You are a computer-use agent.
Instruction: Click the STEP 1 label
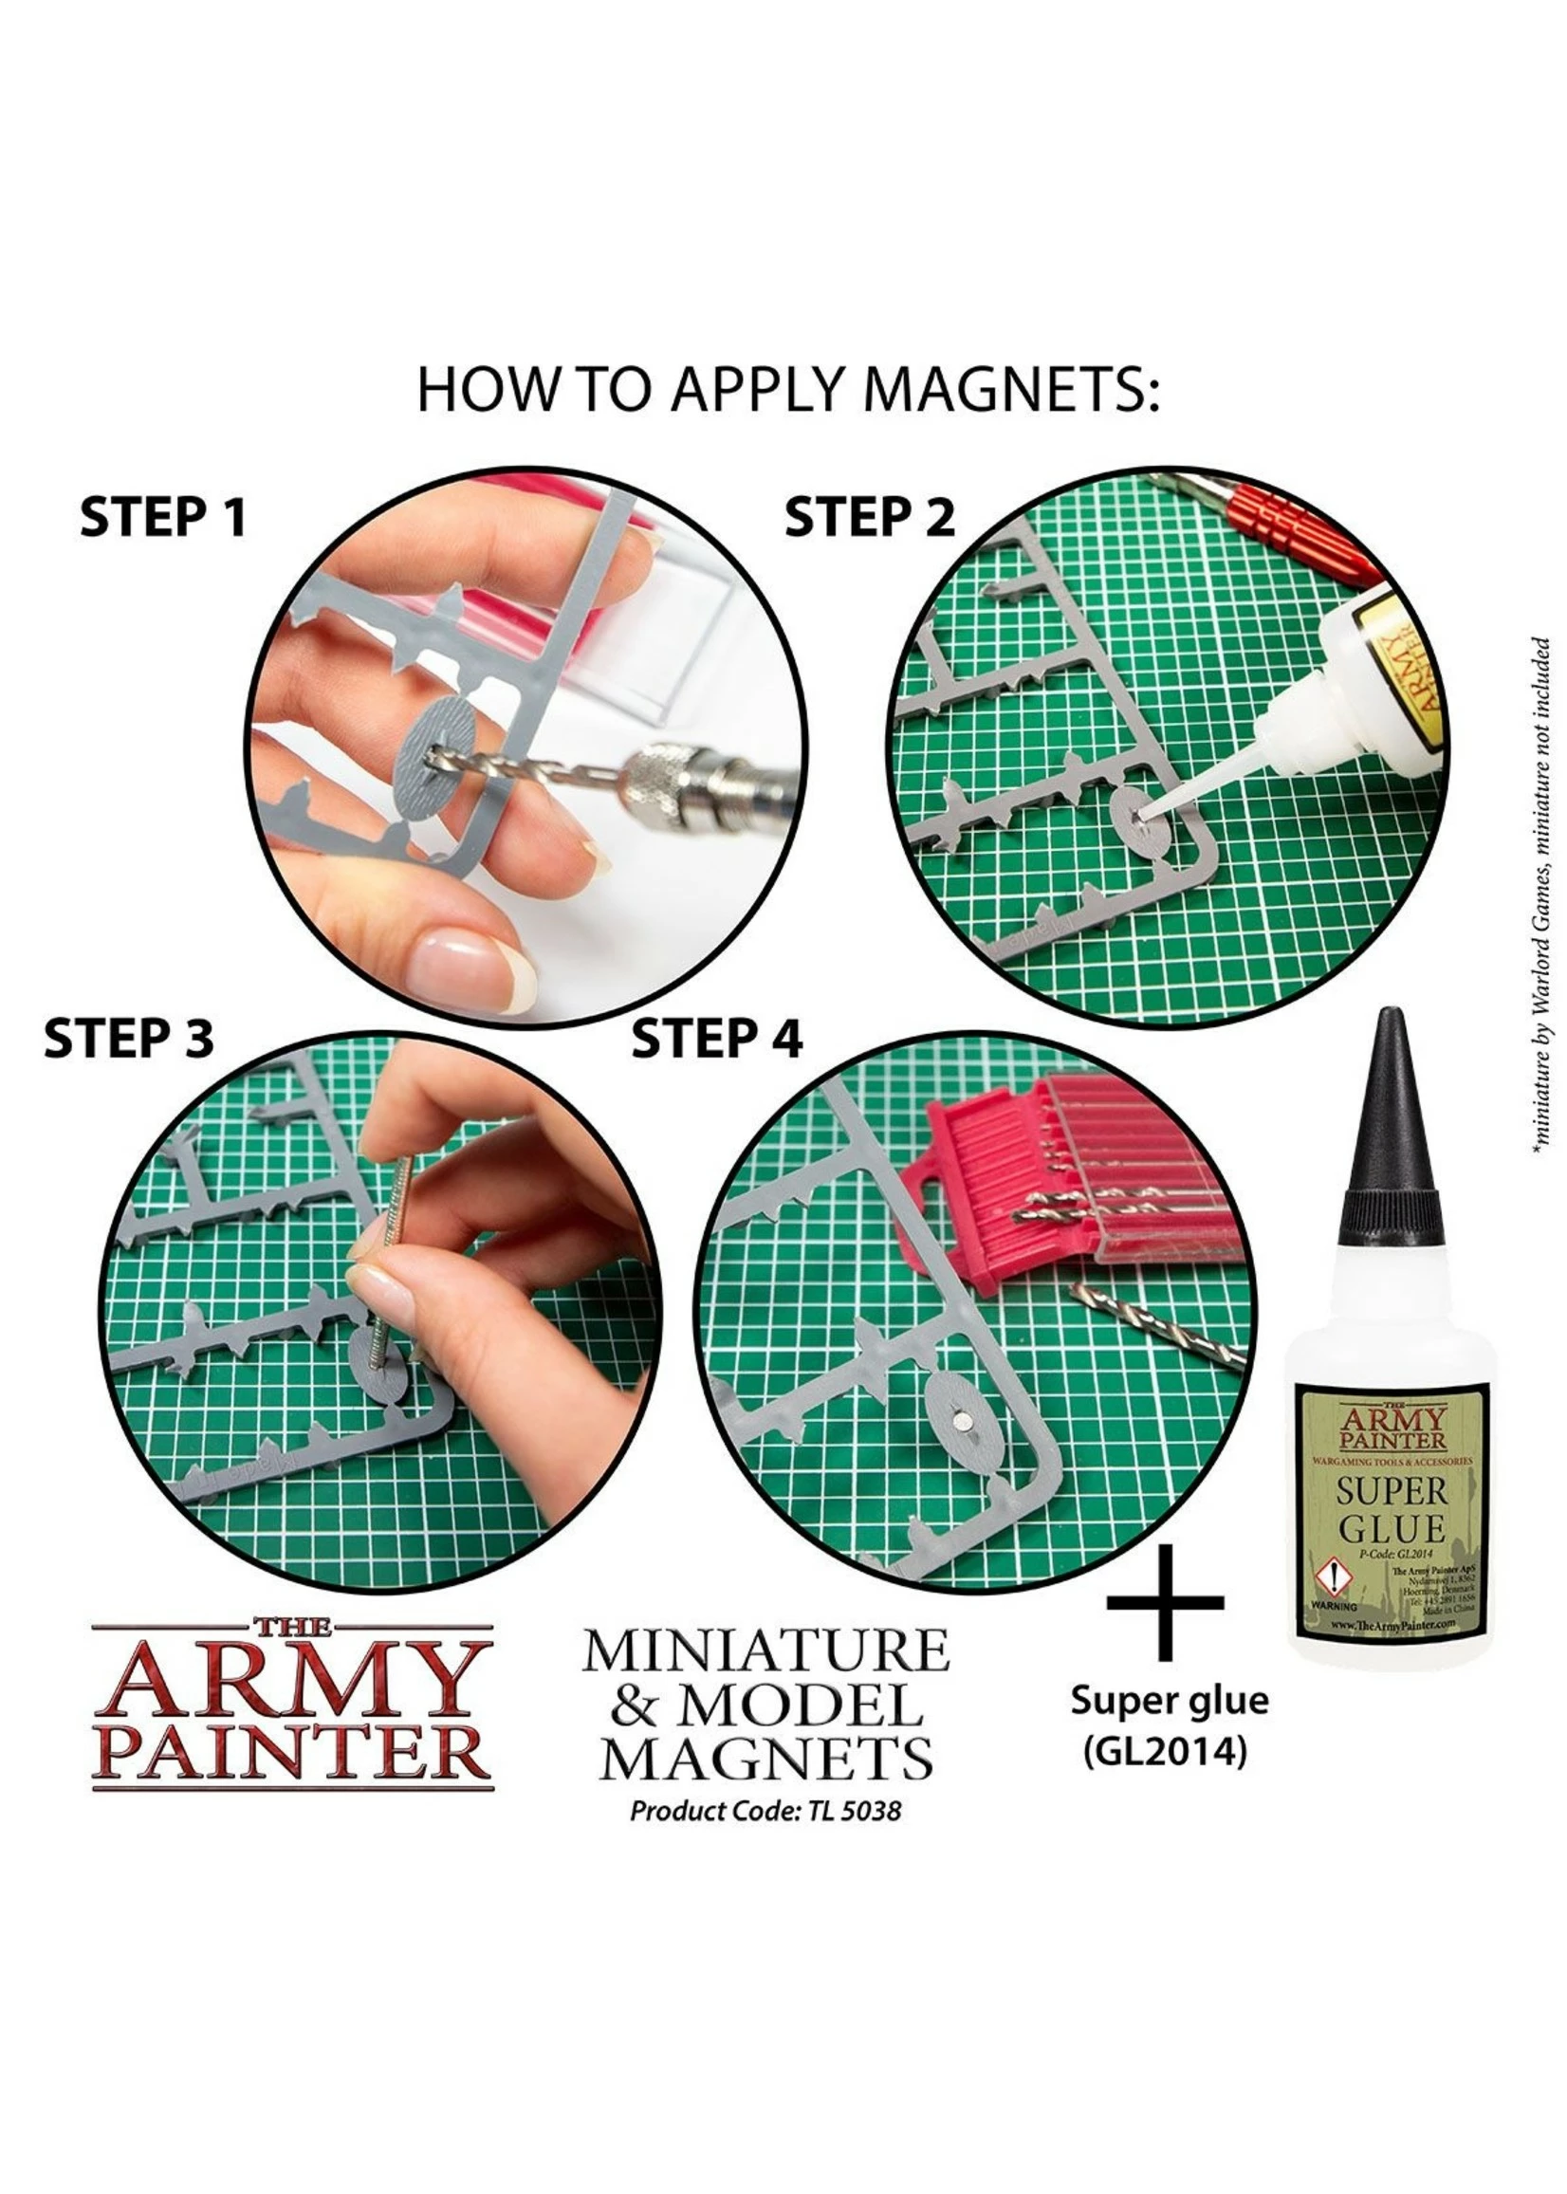point(163,518)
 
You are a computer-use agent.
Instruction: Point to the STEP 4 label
point(716,1039)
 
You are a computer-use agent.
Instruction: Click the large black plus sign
point(1165,1604)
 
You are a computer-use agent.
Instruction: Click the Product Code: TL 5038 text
point(765,1811)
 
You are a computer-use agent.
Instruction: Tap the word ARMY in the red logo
point(293,1680)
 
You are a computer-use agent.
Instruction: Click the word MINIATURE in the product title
point(765,1650)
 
